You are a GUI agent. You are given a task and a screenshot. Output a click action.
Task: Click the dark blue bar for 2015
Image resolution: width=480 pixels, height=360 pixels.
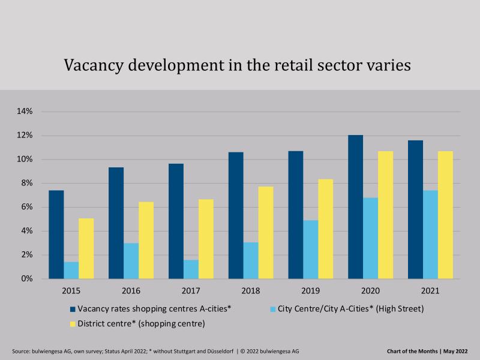pos(56,235)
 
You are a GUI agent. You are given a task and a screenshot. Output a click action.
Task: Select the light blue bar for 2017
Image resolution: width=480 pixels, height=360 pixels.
pos(191,269)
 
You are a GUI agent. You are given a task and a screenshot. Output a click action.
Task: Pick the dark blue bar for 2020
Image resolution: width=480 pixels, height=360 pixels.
pos(356,207)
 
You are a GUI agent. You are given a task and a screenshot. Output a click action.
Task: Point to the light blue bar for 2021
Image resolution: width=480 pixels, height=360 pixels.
pos(430,235)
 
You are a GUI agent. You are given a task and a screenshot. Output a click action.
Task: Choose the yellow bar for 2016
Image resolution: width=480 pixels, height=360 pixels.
pos(146,240)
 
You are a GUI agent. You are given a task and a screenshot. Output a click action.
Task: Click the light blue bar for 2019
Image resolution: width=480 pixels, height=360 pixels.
pos(311,250)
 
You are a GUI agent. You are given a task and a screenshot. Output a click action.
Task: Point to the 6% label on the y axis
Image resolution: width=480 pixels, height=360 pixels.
pos(26,207)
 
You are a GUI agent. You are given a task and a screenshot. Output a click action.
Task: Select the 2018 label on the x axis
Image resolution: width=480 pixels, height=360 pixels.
pos(251,291)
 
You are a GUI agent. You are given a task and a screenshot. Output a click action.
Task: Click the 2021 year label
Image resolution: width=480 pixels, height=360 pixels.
pos(430,291)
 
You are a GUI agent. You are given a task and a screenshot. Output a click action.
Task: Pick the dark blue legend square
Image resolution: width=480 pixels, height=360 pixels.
pos(73,309)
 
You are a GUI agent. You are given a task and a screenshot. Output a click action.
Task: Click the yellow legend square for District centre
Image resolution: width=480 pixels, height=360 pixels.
pos(73,324)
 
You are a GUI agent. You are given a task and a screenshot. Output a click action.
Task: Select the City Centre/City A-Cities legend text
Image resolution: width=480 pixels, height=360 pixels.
pos(352,309)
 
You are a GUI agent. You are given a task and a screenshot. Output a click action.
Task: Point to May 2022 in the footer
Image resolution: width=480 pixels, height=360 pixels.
pos(455,350)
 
